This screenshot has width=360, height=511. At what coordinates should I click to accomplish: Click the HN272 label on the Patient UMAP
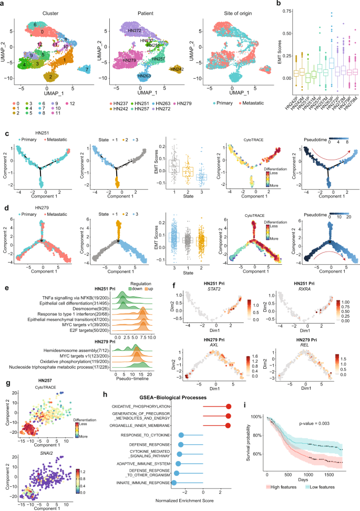[135, 32]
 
